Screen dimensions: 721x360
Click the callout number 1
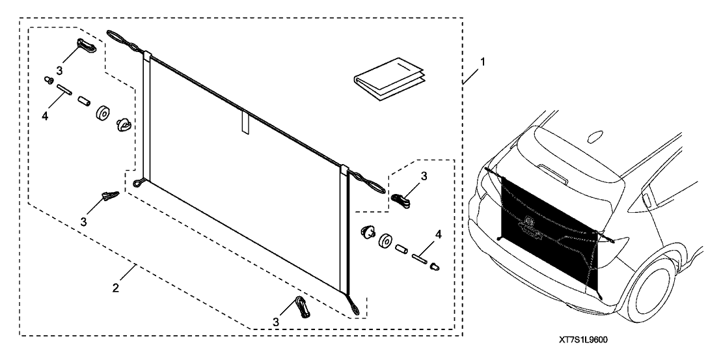482,62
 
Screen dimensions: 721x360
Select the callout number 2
115,288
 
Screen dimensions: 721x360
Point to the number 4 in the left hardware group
45,117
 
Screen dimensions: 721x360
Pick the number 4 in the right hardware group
438,235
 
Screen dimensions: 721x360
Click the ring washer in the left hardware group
102,113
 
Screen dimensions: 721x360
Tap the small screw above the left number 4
48,81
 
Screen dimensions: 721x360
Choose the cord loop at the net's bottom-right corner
353,307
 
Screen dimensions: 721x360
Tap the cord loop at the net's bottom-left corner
140,184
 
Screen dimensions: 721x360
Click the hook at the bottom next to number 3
303,307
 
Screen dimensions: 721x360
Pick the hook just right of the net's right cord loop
401,201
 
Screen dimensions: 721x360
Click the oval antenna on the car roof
595,137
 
